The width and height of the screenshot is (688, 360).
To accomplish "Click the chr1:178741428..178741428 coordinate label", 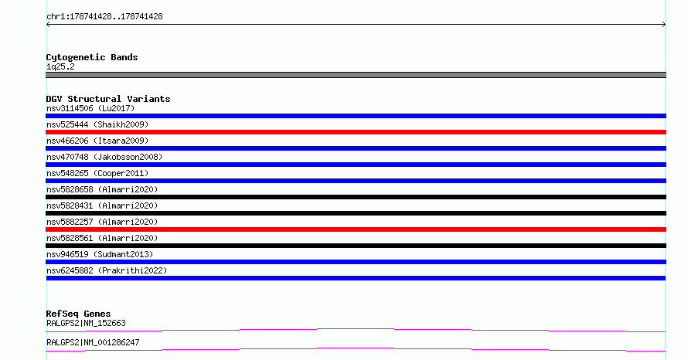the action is point(104,17).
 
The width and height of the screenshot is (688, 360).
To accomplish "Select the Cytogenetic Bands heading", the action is point(92,57).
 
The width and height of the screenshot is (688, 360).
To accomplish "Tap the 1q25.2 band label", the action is point(60,66).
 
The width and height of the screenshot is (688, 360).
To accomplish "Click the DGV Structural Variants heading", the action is point(108,99).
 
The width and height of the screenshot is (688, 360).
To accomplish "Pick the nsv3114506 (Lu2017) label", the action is point(90,108).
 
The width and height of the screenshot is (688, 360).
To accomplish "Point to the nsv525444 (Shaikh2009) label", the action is point(97,124).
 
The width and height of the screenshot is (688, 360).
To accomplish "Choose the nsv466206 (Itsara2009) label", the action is point(97,141).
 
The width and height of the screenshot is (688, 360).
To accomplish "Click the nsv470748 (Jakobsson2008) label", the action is point(104,157).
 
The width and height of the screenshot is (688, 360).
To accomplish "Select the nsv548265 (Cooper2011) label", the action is point(97,173).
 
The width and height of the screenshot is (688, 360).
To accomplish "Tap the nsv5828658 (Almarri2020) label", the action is point(102,189).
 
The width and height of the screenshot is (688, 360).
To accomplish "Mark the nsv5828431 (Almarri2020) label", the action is point(102,205).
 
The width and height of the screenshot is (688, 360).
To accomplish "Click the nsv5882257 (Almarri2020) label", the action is point(102,222).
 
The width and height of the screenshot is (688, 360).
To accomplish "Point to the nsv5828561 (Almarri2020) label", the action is point(102,238).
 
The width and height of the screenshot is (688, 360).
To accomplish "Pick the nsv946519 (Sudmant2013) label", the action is point(100,254).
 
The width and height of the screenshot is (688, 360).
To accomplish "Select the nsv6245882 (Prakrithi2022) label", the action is point(107,270).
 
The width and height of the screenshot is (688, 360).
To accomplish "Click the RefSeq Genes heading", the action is point(78,314).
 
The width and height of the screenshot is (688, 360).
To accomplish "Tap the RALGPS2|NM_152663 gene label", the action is point(86,323).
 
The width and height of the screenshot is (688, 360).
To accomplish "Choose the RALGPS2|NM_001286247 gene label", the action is point(93,342).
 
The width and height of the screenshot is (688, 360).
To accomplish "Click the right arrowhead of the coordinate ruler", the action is point(665,25).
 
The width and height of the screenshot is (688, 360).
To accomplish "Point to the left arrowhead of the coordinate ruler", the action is point(47,25).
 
